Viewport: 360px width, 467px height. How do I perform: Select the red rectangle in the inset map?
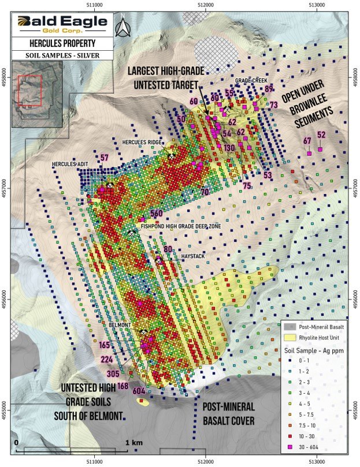(29, 91)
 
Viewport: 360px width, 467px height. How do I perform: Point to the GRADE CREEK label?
(250, 80)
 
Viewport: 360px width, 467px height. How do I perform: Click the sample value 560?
(157, 214)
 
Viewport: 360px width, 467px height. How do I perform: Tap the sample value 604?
(139, 391)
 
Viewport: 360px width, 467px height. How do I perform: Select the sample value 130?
(229, 148)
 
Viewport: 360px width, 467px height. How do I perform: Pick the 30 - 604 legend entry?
(318, 447)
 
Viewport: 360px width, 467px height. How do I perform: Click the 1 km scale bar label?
(132, 442)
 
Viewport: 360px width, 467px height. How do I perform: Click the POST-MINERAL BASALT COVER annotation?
(228, 414)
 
